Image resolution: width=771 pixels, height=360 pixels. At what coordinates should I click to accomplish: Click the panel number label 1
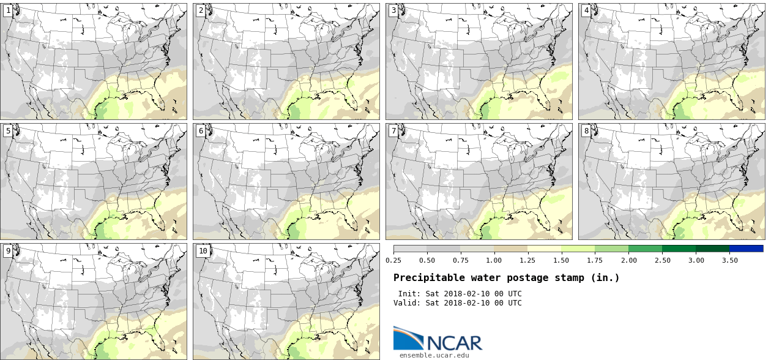tap(7, 10)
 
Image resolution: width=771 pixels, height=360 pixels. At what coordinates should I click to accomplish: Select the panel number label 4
tap(586, 10)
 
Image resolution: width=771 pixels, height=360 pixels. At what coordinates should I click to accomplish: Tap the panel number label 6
tap(201, 130)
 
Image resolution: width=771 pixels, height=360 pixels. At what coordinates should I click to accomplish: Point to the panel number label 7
tap(393, 130)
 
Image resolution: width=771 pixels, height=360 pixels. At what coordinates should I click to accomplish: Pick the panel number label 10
tap(203, 250)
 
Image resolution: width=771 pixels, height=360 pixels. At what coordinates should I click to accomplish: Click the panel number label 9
tap(7, 250)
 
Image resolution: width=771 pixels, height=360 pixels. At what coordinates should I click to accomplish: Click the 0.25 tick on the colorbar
tap(393, 260)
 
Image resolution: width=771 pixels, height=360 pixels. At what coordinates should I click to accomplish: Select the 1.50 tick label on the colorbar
tap(562, 260)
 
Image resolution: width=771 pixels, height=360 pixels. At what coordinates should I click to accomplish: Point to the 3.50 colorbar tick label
tap(729, 260)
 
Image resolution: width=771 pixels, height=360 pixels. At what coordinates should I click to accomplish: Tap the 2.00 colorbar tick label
tap(628, 260)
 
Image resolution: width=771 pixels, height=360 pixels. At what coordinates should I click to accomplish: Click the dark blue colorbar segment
tap(746, 249)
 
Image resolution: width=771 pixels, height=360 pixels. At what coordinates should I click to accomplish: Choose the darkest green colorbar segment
tap(712, 249)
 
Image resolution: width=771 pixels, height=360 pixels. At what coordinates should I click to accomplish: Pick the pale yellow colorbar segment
tap(545, 249)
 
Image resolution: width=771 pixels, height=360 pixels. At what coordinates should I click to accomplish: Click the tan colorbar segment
tap(511, 249)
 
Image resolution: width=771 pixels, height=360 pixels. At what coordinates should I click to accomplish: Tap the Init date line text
tap(460, 294)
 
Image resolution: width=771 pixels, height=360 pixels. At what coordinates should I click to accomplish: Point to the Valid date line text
tap(457, 302)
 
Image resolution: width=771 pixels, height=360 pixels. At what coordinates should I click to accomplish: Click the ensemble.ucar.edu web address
tap(434, 354)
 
